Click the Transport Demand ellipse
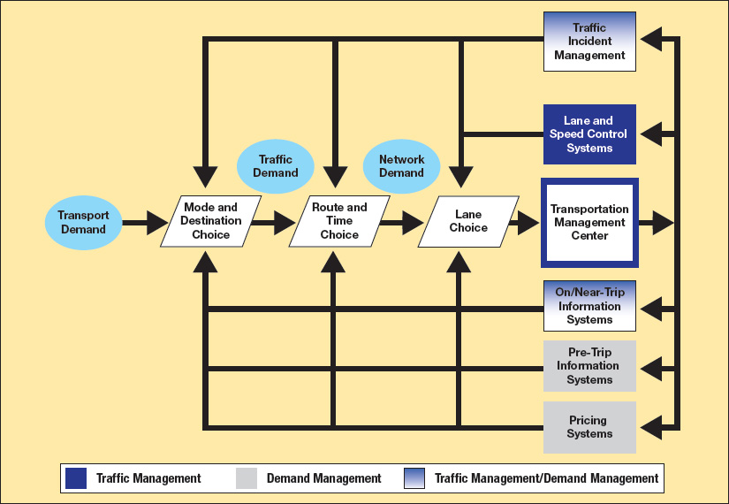point(83,222)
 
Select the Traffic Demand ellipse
point(275,166)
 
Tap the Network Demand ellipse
point(401,166)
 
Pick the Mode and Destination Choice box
point(211,221)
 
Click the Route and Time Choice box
point(339,221)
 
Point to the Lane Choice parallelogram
point(468,221)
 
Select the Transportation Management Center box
point(589,222)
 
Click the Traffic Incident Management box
point(589,42)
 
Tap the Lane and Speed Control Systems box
point(589,134)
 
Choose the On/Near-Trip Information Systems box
point(589,307)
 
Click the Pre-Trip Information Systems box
point(589,366)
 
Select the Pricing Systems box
point(589,427)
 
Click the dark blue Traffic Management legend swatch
point(76,478)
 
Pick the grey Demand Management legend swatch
point(247,478)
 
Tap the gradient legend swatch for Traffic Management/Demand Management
point(415,478)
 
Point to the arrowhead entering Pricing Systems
point(652,427)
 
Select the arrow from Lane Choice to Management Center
point(524,222)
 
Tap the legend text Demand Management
point(323,478)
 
